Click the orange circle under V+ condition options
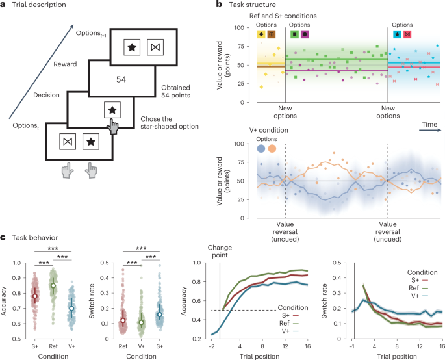(272, 149)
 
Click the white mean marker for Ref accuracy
(54, 285)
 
